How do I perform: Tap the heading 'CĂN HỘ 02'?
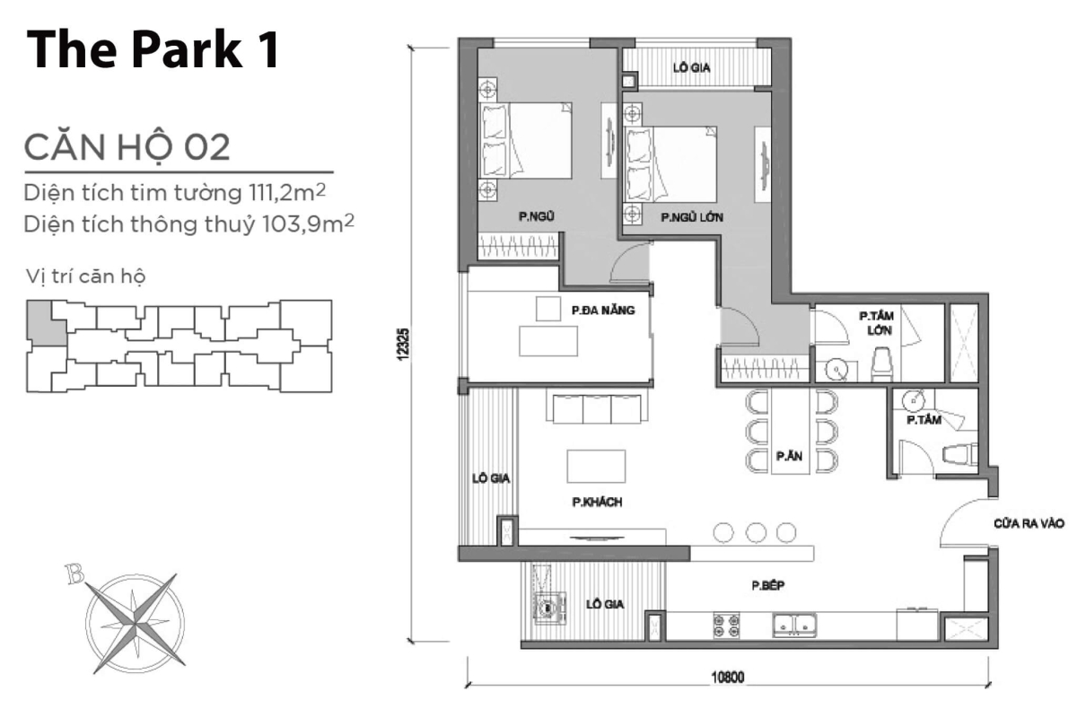(x=127, y=146)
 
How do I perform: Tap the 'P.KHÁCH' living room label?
(x=597, y=503)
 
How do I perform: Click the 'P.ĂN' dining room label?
(x=789, y=457)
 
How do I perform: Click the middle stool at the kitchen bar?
(x=755, y=532)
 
